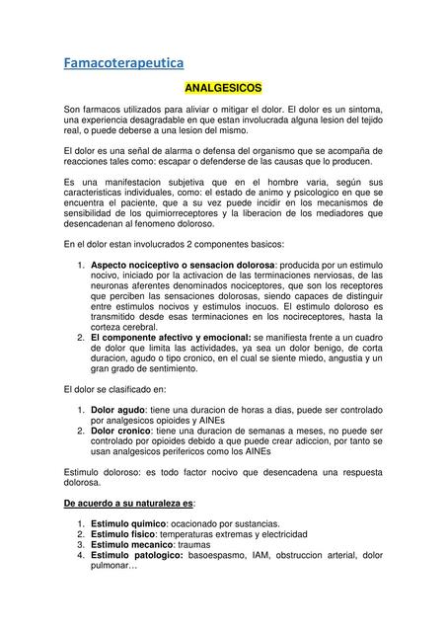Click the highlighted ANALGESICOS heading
[x=223, y=89]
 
